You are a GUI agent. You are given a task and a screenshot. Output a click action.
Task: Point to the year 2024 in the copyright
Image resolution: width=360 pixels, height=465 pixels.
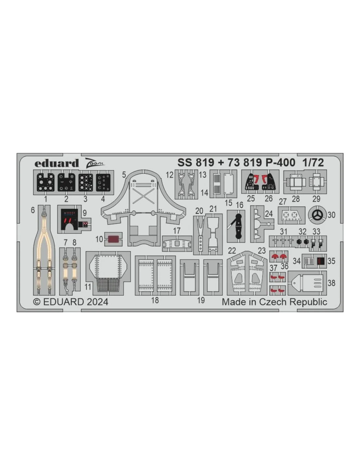click(97, 302)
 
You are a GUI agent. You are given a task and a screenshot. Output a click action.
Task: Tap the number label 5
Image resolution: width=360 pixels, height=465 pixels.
click(124, 175)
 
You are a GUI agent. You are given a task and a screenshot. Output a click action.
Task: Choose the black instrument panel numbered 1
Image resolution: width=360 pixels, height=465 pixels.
click(45, 182)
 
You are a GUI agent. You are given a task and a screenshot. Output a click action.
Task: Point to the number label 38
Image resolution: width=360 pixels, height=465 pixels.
click(331, 283)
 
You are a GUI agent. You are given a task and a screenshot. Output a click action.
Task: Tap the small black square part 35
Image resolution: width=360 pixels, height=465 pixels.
click(320, 261)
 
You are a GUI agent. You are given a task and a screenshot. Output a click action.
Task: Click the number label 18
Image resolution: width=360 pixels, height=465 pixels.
click(155, 300)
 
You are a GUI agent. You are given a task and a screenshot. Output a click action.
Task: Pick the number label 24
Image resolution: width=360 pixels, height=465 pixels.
click(269, 214)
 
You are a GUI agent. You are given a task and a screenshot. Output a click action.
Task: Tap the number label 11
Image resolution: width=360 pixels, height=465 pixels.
click(88, 287)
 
